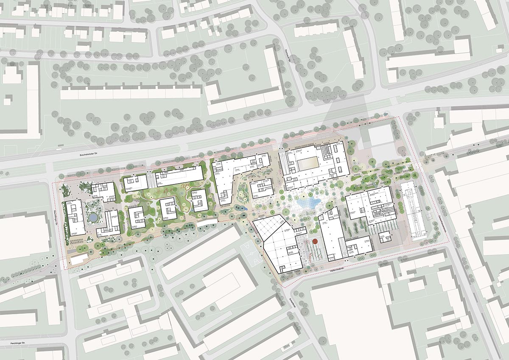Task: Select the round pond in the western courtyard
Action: tap(92, 218)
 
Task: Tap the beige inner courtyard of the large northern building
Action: tap(307, 163)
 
